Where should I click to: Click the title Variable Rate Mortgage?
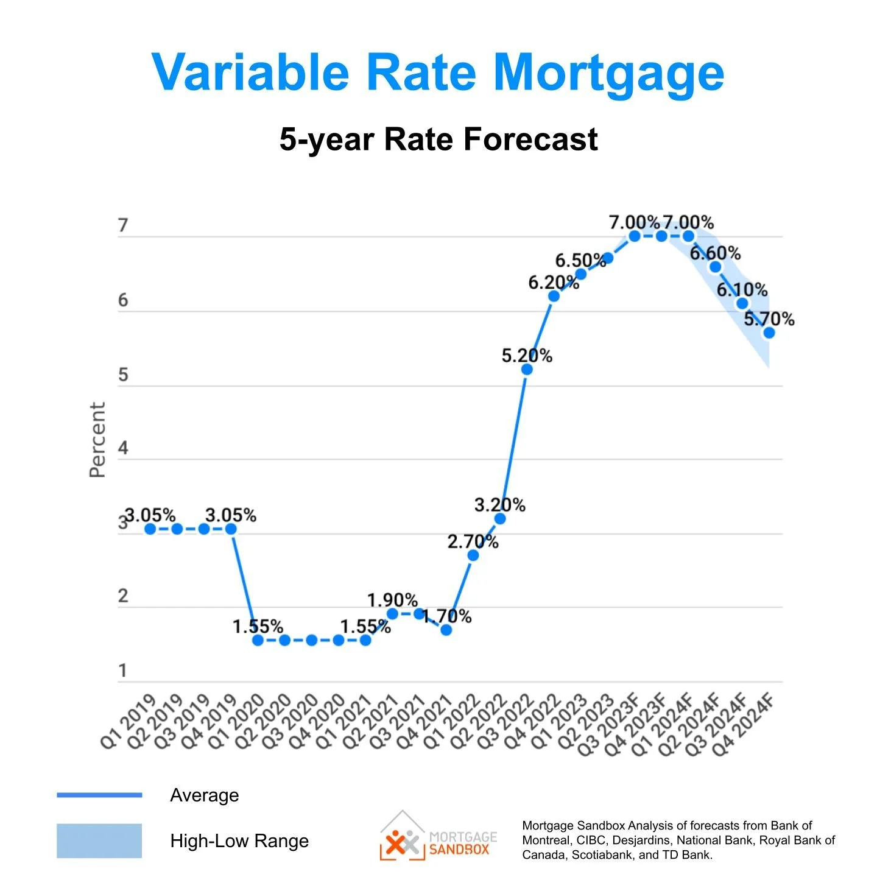click(437, 73)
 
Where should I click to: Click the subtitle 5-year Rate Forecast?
click(438, 139)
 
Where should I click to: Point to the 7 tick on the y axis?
click(123, 226)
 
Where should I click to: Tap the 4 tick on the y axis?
click(123, 449)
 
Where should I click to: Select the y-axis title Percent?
click(97, 440)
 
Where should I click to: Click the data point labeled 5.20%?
click(527, 370)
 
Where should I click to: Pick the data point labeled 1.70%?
click(446, 630)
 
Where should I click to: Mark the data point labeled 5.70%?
click(769, 333)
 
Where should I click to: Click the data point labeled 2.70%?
click(473, 555)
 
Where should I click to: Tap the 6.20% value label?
click(553, 283)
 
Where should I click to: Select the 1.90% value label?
click(392, 601)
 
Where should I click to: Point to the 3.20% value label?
click(499, 505)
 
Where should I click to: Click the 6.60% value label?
click(715, 253)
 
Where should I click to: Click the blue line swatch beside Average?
click(99, 795)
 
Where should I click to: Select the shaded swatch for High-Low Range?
click(99, 841)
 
